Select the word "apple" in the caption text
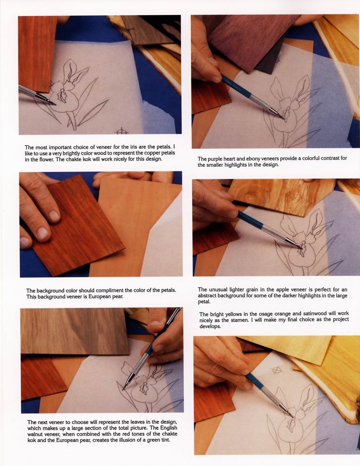coord(284,289)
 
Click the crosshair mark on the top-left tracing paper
coord(121,130)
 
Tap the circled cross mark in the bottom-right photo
coord(277,370)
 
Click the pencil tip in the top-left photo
coord(55,104)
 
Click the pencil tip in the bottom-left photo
coord(123,389)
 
